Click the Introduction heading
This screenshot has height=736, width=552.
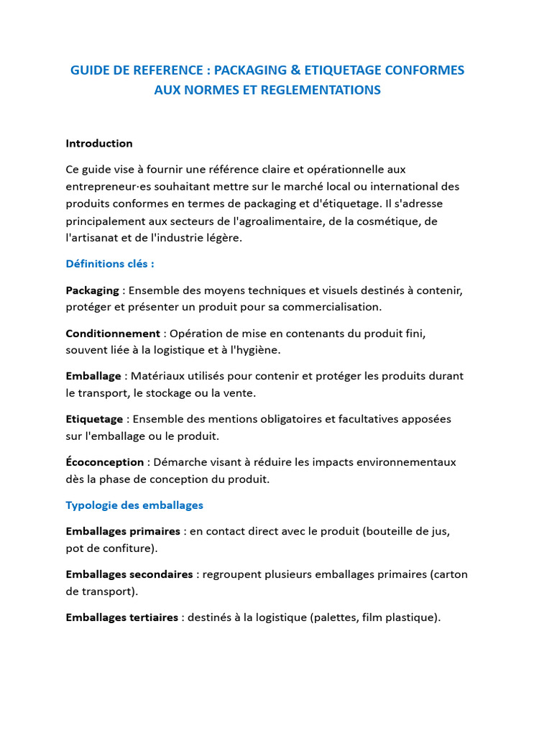[99, 143]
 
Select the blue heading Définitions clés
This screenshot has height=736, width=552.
[110, 264]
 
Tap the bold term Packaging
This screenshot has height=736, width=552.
[92, 290]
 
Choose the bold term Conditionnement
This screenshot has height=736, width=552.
[113, 333]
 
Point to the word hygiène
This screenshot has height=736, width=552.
[257, 350]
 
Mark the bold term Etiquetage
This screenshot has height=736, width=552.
[94, 418]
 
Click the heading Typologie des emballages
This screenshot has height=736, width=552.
[134, 505]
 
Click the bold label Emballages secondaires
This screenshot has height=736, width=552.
[129, 574]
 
